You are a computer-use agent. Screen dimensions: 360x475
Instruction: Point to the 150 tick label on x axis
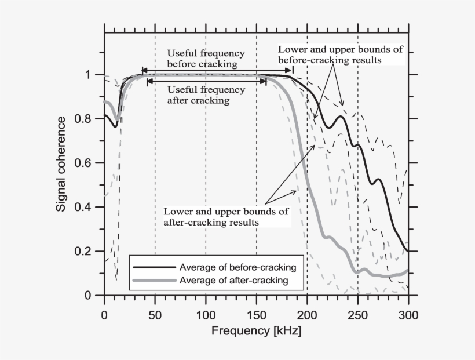tap(256, 315)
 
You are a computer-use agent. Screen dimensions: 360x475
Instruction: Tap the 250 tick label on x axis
tap(358, 315)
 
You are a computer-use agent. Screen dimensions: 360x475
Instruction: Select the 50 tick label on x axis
tap(155, 315)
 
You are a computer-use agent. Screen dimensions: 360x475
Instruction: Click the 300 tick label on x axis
tap(408, 315)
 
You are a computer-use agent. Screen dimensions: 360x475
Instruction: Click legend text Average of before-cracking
tap(238, 268)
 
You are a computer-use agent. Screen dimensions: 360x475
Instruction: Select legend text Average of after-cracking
tap(233, 281)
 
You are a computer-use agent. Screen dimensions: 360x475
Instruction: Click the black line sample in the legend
tap(154, 268)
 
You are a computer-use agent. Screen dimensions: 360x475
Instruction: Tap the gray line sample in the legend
tap(154, 281)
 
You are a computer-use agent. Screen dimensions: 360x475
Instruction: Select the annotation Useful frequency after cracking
tap(206, 95)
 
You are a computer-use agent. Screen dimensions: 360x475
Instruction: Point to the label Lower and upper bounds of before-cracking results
tap(340, 54)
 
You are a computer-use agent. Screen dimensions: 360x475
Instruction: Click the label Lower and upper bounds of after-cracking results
tap(226, 216)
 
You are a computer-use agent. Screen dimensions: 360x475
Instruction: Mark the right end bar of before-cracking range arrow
tap(293, 71)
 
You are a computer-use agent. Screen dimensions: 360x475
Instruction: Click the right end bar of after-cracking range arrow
tap(266, 82)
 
